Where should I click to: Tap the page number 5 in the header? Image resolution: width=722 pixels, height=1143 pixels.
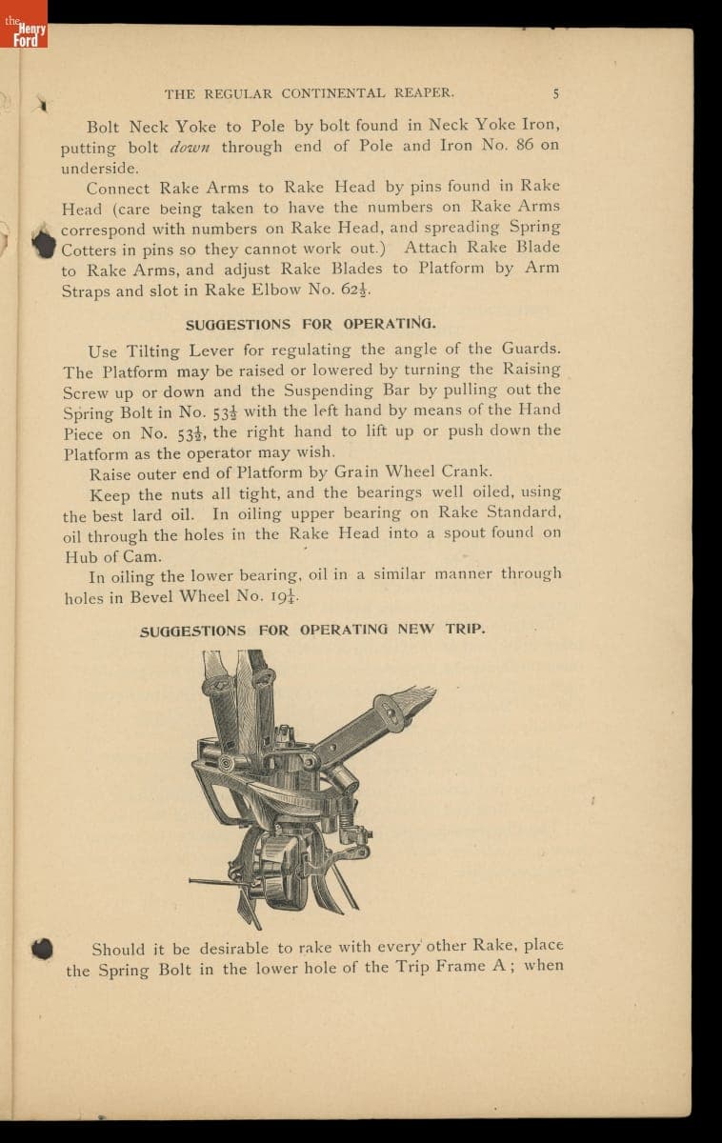[x=555, y=93]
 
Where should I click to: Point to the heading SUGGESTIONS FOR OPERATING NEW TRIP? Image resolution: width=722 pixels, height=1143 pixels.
[x=312, y=631]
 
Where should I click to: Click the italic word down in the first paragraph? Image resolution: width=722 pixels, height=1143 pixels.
[x=195, y=147]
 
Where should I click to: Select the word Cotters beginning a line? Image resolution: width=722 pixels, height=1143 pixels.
[x=90, y=249]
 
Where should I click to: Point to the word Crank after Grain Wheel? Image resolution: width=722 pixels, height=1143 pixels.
[x=466, y=471]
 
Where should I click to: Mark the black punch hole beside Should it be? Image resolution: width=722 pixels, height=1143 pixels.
[x=42, y=949]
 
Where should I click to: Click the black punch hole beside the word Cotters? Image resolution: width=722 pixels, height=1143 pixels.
[x=44, y=242]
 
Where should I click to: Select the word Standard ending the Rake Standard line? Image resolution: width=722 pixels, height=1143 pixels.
[x=524, y=512]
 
